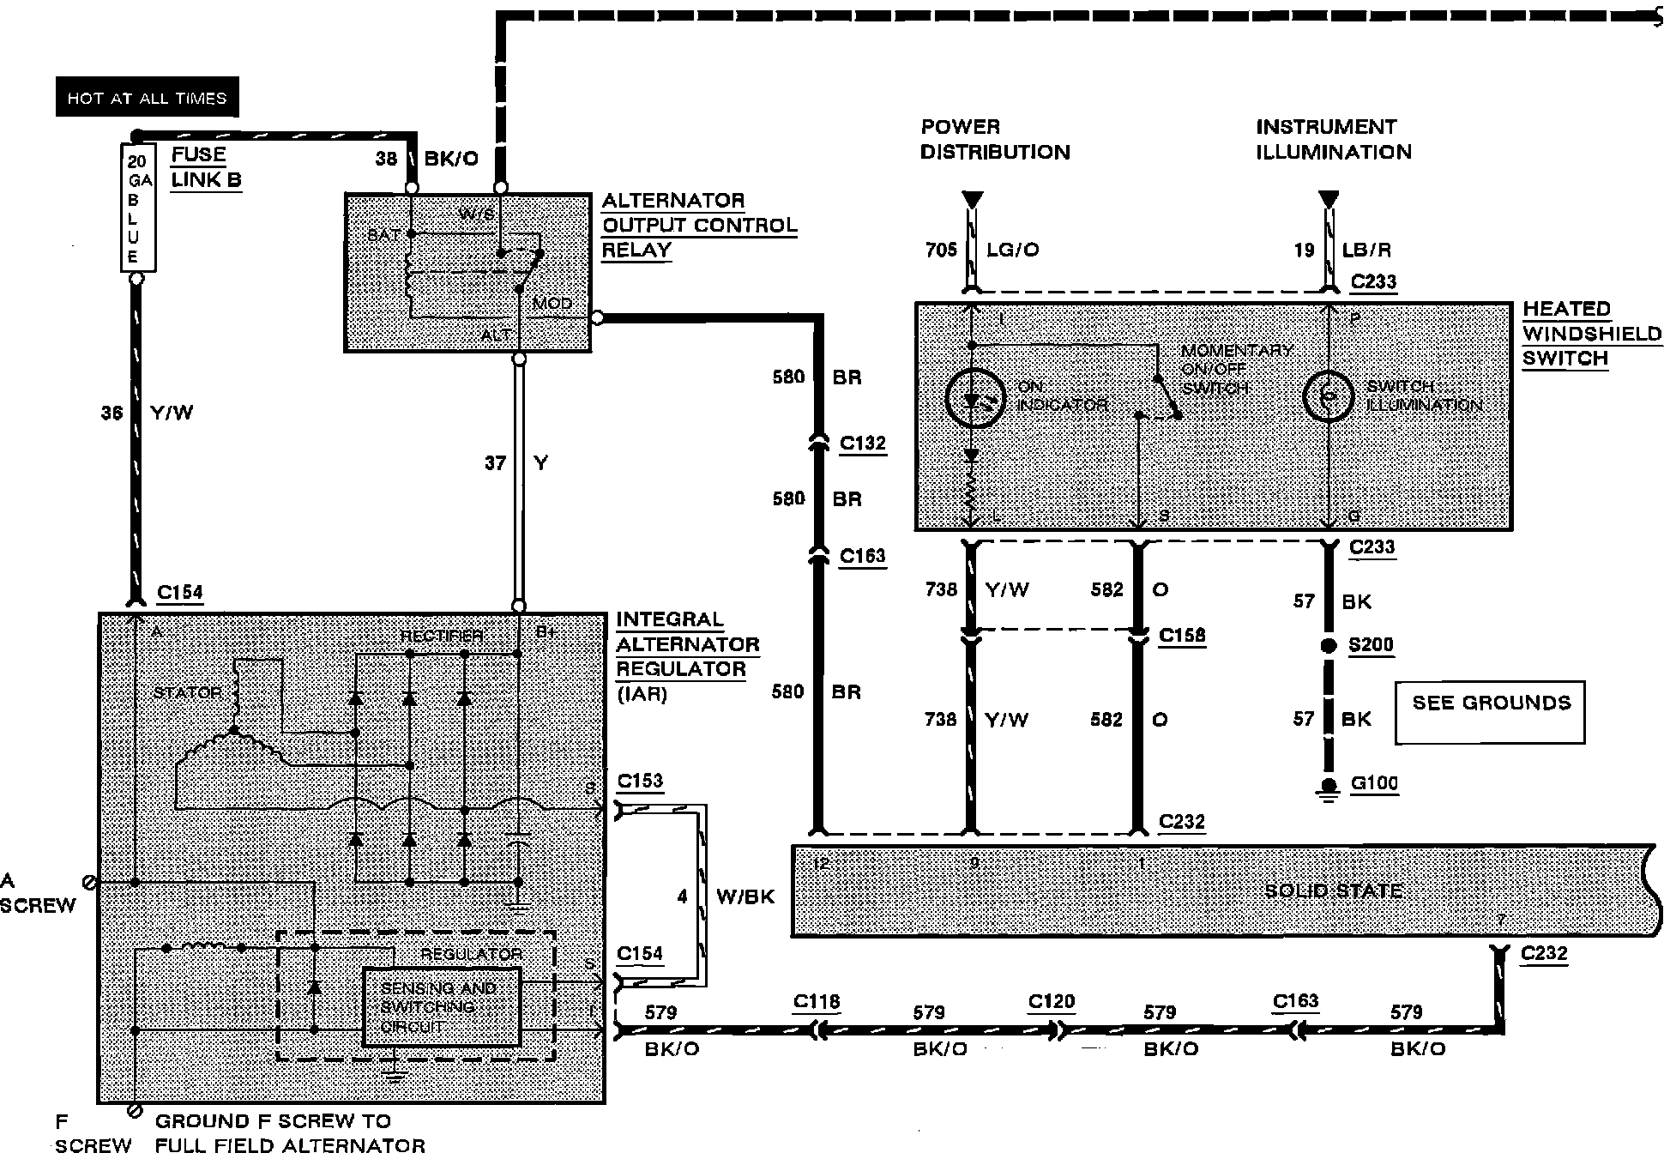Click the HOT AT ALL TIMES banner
coord(147,98)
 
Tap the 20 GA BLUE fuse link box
coord(137,208)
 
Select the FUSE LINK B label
coord(206,167)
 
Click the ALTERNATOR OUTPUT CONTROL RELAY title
coord(698,225)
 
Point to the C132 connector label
coord(862,443)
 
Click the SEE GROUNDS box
coord(1490,711)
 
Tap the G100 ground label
coord(1374,782)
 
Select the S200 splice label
coord(1371,644)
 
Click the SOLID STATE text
coord(1333,890)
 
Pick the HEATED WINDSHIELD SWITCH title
coord(1591,333)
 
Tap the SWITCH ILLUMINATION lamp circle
coord(1329,396)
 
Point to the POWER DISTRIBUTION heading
coord(995,140)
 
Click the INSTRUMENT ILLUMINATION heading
coord(1333,140)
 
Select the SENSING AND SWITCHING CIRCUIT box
coord(441,1007)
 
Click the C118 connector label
coord(817,1001)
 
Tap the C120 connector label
coord(1052,1001)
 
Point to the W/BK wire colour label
coord(745,896)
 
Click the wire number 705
coord(941,250)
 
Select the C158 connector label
coord(1181,635)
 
